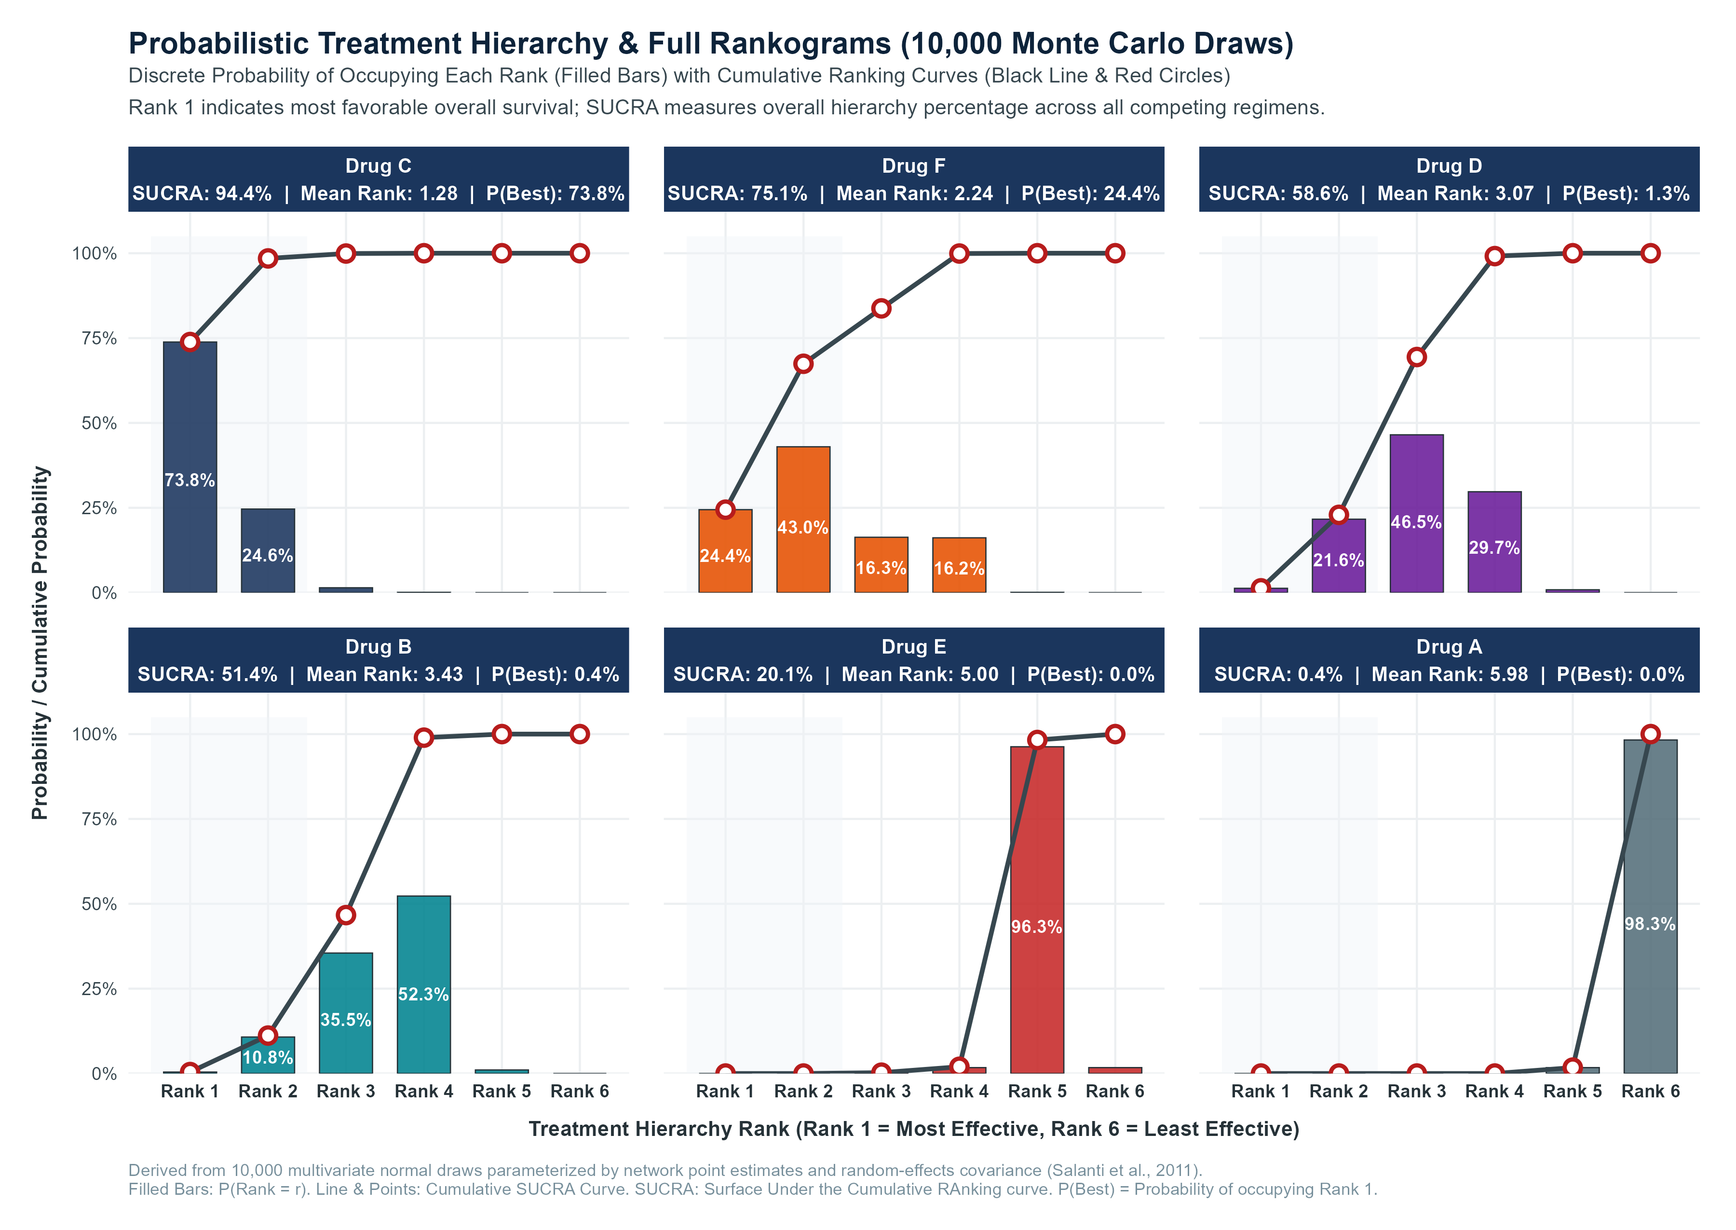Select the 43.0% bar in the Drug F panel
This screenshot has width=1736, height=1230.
803,519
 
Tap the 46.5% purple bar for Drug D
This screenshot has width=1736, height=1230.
1416,514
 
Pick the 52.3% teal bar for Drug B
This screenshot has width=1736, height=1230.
424,984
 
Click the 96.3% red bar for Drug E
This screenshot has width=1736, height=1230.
1037,910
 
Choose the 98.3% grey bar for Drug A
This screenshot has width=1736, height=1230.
1651,907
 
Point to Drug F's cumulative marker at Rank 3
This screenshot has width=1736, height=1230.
881,308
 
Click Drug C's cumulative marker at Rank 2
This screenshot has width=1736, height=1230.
268,258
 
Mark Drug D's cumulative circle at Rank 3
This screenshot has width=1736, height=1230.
1416,357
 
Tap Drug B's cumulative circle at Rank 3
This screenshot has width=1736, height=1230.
346,915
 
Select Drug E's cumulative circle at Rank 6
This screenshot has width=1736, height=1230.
1115,734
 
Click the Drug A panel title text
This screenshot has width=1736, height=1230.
1449,647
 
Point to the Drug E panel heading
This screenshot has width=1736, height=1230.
914,647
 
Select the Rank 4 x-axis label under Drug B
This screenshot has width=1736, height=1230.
424,1092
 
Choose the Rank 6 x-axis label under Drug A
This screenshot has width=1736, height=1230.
1651,1092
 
